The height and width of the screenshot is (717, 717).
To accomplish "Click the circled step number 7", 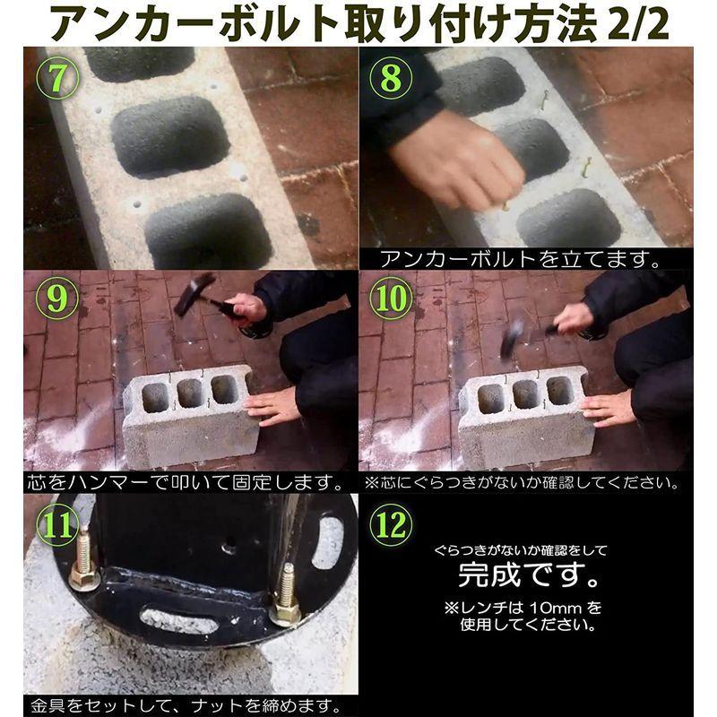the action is point(57,78).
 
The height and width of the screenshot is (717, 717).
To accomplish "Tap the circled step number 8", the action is point(391,78).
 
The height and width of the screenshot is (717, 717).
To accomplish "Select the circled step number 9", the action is point(57,298).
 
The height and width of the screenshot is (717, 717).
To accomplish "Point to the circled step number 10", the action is point(391,298).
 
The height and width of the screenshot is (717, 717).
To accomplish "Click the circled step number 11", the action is point(57,524).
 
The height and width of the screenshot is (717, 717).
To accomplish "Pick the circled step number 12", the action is point(391,524).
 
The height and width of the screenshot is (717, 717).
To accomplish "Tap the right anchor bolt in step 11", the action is point(286,594).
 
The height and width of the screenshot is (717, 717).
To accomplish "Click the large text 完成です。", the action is point(529,575).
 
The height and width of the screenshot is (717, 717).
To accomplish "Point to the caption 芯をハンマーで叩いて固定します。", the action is point(186,483).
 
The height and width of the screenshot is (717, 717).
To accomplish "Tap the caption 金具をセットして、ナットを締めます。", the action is point(186,706).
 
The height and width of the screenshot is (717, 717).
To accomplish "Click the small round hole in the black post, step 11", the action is point(229,545).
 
